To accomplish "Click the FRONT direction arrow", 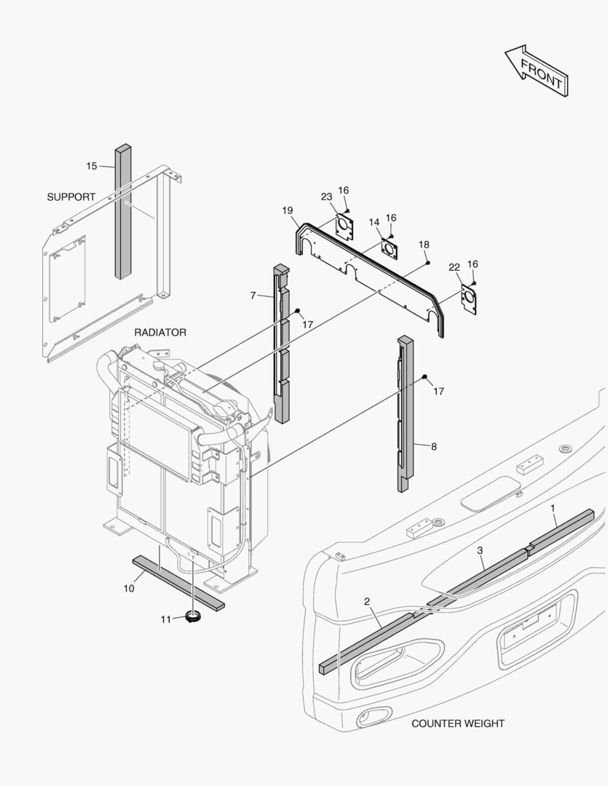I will click(537, 71).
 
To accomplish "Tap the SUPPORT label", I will click(71, 197).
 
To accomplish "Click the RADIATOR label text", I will click(160, 333).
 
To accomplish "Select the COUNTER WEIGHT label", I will click(458, 723).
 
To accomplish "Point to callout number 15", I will click(92, 166).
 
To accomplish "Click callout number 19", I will click(288, 210).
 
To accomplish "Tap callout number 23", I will click(326, 196).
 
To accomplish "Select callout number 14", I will click(374, 222).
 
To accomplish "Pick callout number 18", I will click(424, 245).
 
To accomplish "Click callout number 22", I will click(454, 268).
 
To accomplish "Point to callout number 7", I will click(253, 295).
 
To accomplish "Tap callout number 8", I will click(434, 447).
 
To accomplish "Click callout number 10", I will click(129, 589).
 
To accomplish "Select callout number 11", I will click(166, 619).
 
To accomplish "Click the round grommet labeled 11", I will click(194, 618).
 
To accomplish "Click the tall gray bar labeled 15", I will click(122, 211).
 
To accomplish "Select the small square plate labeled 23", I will click(344, 226).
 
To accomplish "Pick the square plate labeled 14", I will click(391, 248).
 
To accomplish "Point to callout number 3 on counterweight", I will click(481, 550).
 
